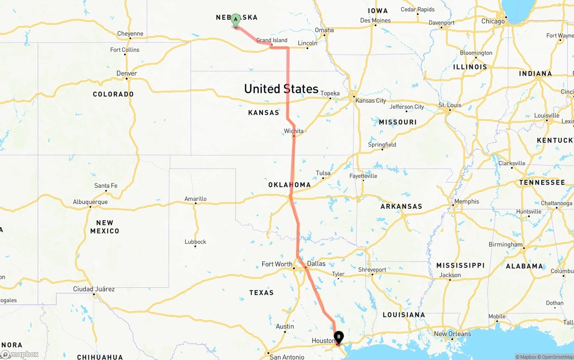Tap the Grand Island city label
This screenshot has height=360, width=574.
pyautogui.click(x=272, y=40)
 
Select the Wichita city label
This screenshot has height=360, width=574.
pyautogui.click(x=294, y=131)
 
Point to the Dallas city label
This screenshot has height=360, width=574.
pyautogui.click(x=316, y=264)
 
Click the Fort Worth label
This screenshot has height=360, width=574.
pyautogui.click(x=277, y=264)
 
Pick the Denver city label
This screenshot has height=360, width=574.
pyautogui.click(x=126, y=74)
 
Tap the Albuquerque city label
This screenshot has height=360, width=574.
pyautogui.click(x=90, y=202)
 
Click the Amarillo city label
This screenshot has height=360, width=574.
pyautogui.click(x=196, y=199)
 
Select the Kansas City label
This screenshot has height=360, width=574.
pyautogui.click(x=370, y=100)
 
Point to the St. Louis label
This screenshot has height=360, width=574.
pyautogui.click(x=450, y=105)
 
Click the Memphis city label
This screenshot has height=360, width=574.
pyautogui.click(x=466, y=202)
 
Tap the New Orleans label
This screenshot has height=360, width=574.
pyautogui.click(x=452, y=334)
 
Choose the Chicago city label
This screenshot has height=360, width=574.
pyautogui.click(x=493, y=21)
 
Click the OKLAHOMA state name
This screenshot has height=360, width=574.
pyautogui.click(x=289, y=185)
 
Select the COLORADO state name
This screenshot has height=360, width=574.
pyautogui.click(x=113, y=94)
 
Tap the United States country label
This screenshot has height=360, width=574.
pyautogui.click(x=281, y=89)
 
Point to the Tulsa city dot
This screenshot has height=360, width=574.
pyautogui.click(x=323, y=178)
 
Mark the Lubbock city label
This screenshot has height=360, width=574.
pyautogui.click(x=196, y=242)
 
